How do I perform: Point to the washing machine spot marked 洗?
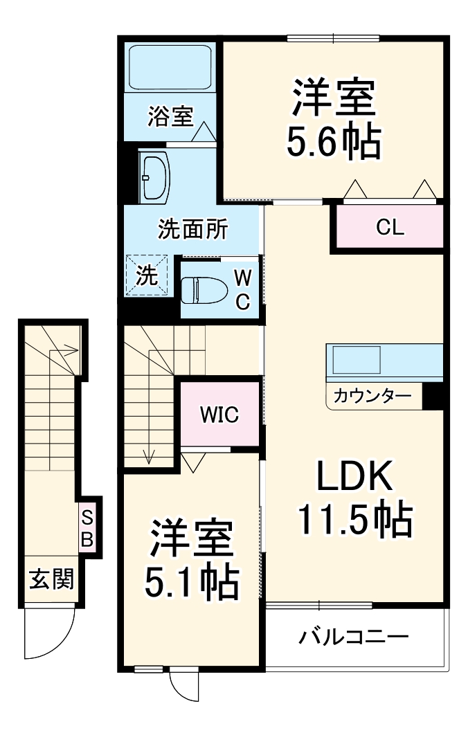coord(146,275)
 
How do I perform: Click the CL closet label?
coord(390,227)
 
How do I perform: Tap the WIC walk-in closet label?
coord(219,415)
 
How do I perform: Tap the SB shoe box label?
coord(87,529)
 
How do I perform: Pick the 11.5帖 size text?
coord(355,519)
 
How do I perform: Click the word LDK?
coord(355,477)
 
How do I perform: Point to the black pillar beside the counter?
coord(432,397)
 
